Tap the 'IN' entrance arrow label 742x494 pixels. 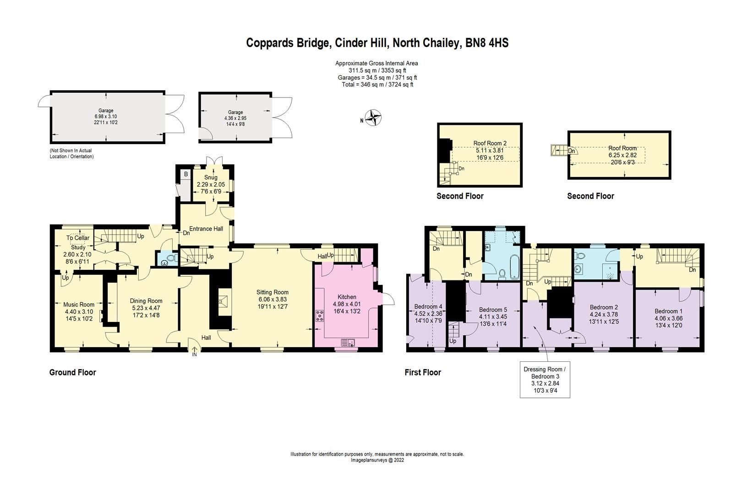pos(194,354)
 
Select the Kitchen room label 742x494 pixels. pos(347,297)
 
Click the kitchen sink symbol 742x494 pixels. pos(348,342)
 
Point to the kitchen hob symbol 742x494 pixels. pos(319,316)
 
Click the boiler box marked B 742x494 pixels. pos(186,174)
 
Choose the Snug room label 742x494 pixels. pos(211,177)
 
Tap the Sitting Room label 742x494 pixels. pos(272,292)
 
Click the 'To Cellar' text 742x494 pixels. pos(78,238)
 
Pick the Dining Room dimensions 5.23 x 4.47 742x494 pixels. pos(145,308)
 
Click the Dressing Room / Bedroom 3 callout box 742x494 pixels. pos(545,381)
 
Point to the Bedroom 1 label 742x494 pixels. pos(668,311)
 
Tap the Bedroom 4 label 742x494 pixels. pos(428,306)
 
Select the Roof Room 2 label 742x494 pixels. pos(491,143)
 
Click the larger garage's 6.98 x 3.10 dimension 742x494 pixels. pos(106,117)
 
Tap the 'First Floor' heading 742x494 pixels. pos(422,372)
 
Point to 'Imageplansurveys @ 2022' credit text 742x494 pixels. pos(377,461)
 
